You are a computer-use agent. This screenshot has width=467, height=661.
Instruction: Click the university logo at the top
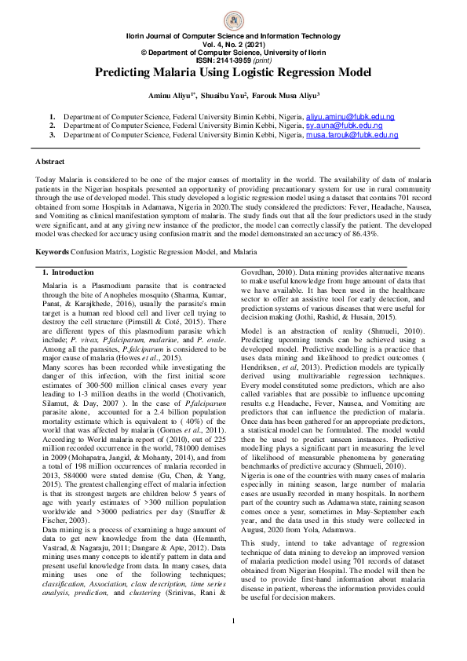(x=233, y=21)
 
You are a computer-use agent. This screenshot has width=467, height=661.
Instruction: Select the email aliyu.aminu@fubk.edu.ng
(x=350, y=116)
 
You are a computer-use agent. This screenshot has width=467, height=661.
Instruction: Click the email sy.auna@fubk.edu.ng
(x=344, y=126)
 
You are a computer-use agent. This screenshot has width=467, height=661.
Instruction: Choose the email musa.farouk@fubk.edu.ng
(x=352, y=135)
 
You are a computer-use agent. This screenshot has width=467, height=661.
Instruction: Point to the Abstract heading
(x=50, y=161)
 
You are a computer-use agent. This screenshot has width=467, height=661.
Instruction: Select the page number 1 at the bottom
(x=233, y=644)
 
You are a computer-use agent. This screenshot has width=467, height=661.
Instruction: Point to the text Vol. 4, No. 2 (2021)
(x=233, y=44)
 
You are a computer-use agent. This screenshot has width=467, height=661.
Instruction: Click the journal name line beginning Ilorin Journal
(x=233, y=37)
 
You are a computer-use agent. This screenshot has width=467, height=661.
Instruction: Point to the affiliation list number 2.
(x=52, y=126)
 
